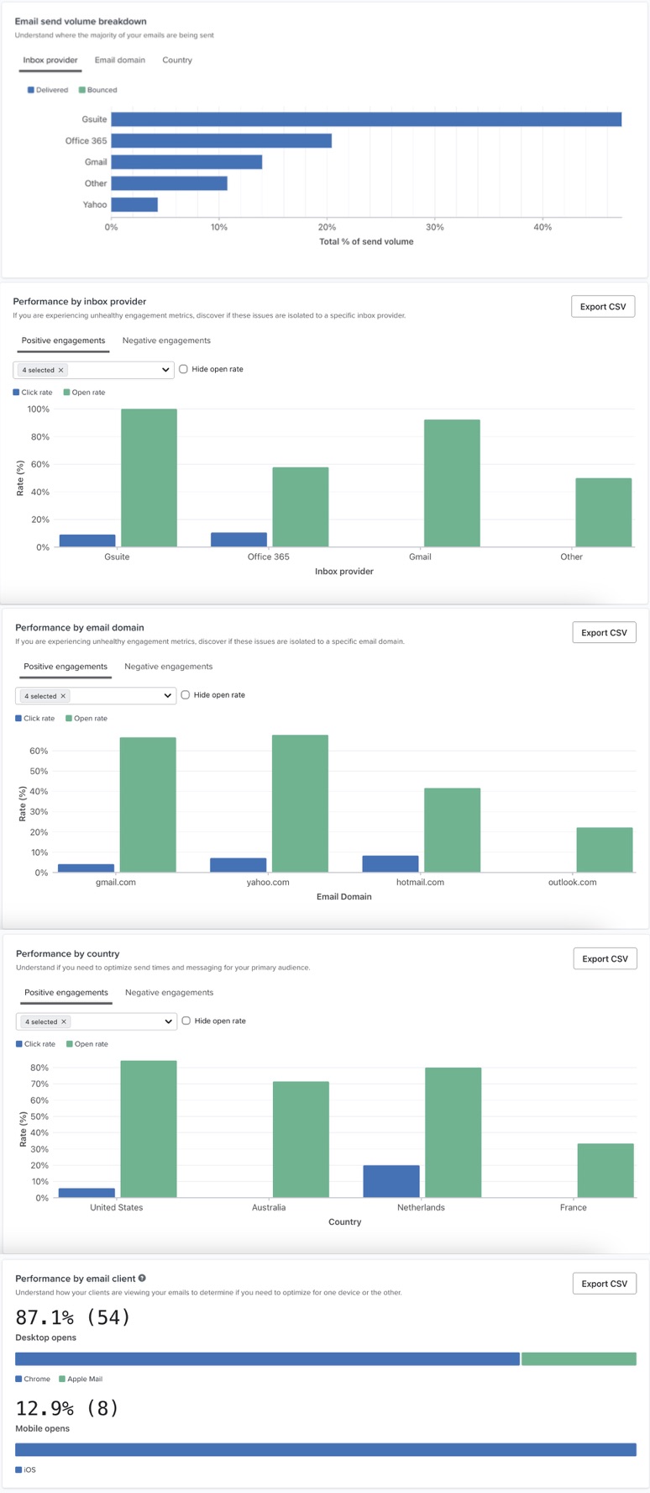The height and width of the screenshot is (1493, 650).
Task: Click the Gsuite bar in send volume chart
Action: point(366,119)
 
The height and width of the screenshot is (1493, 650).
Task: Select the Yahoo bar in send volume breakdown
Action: point(134,204)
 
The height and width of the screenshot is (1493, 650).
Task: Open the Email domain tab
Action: point(119,61)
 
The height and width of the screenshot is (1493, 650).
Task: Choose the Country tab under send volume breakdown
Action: point(177,61)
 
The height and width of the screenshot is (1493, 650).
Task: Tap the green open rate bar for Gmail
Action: point(452,483)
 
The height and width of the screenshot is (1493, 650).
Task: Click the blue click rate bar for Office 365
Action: point(239,540)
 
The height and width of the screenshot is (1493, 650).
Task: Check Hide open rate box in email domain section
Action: point(186,695)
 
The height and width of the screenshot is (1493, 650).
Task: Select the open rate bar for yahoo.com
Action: point(300,803)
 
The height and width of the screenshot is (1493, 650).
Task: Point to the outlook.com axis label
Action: point(572,882)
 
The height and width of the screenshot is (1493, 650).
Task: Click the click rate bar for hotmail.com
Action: point(391,863)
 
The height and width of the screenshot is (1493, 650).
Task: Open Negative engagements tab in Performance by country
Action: point(169,993)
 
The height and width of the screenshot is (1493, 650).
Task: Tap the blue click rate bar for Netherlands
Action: point(391,1181)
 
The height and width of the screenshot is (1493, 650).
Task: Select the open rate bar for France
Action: point(605,1170)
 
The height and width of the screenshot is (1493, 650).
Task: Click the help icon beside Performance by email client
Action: point(142,1279)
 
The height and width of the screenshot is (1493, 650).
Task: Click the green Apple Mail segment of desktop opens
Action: point(579,1358)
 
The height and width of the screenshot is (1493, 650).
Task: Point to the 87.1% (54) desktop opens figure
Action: point(73,1317)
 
